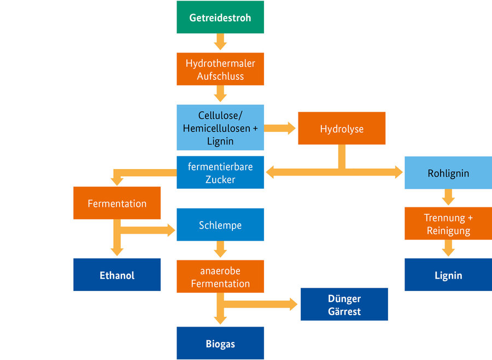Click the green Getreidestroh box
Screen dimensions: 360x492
[x=220, y=18]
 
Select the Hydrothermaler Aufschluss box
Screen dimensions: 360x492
[x=220, y=69]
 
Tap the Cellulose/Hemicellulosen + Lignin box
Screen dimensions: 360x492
[x=220, y=127]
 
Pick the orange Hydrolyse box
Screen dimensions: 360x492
[x=342, y=129]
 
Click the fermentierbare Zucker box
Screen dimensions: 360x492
[x=220, y=173]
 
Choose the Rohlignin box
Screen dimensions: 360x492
[x=448, y=173]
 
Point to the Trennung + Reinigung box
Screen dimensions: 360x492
[x=448, y=224]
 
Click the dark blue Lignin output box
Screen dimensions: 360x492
[x=448, y=275]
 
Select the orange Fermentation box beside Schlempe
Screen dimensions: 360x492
[x=117, y=203]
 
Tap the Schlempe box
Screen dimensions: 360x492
[x=220, y=225]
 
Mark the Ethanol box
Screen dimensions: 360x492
[x=117, y=275]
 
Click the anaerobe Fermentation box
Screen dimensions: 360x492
[x=220, y=277]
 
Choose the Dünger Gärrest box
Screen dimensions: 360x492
[x=344, y=305]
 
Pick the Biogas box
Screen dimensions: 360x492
[x=220, y=344]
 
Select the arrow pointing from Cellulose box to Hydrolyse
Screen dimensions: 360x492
[x=280, y=129]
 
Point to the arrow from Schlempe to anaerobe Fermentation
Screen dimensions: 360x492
[x=220, y=250]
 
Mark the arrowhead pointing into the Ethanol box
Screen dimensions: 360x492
[x=117, y=251]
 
